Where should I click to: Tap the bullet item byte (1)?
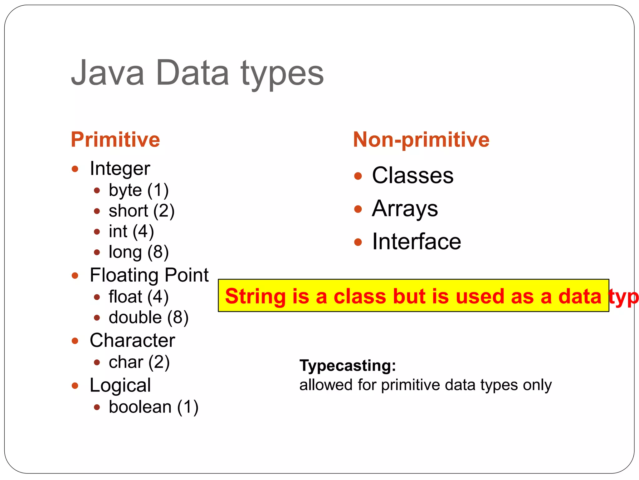[138, 190]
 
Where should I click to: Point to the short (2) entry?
[141, 211]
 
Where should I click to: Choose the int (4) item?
[131, 231]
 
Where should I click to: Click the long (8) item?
[139, 252]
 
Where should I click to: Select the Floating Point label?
[149, 275]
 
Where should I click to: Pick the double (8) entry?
[149, 317]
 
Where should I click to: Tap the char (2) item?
[139, 362]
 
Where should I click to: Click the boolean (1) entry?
[153, 407]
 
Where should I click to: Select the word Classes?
[412, 175]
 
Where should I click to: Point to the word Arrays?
[405, 209]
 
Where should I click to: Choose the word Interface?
[416, 242]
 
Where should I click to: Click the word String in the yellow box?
[255, 296]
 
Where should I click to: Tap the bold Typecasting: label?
[348, 365]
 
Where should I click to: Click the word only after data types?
[537, 385]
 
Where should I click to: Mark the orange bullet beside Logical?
[75, 386]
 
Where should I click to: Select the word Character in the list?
[132, 340]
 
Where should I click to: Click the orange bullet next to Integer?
[75, 169]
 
